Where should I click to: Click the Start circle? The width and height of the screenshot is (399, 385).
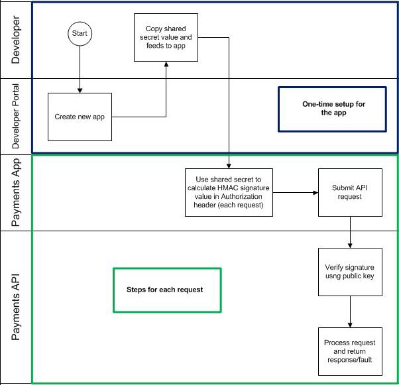80,33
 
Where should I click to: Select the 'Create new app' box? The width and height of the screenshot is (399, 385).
80,117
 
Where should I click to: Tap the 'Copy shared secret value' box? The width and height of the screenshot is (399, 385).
165,37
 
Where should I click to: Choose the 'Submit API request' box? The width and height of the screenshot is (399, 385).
350,192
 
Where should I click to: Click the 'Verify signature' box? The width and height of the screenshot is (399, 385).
350,271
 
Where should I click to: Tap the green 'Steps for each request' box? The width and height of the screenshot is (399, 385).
166,290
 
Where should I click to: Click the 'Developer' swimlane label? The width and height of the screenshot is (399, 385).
16,40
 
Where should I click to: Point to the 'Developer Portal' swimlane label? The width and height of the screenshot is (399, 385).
16,116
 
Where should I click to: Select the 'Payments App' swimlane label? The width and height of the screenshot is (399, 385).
16,192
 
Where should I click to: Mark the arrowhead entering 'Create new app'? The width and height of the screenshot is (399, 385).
80,89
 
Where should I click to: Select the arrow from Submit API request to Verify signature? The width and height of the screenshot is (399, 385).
350,231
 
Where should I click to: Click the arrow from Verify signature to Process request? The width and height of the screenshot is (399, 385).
350,311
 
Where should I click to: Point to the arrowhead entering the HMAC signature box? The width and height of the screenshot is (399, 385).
229,165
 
